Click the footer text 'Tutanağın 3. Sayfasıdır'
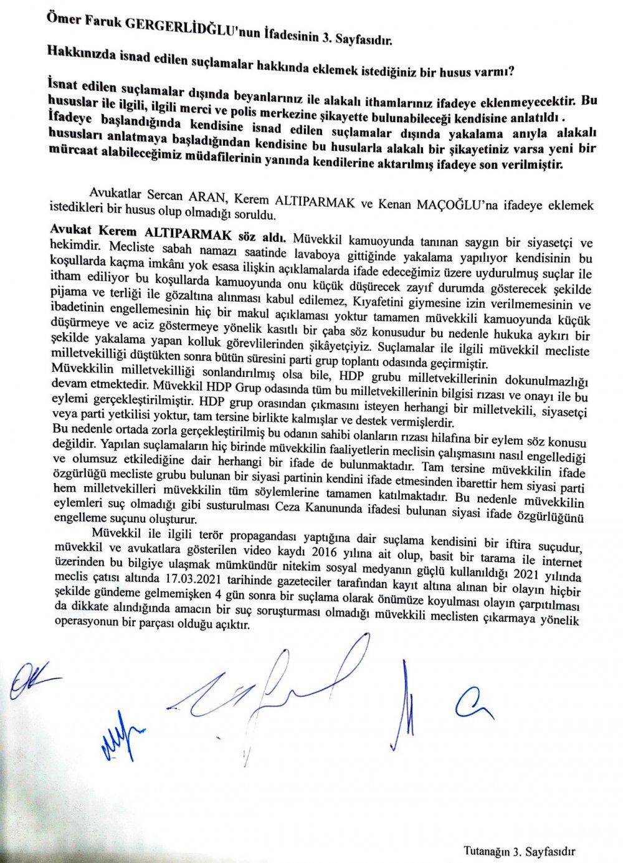coord(519,851)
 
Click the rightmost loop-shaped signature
coord(473,704)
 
